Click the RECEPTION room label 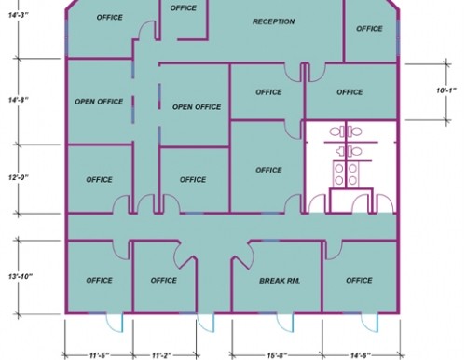point(273,21)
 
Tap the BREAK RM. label point(280,281)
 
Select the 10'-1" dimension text point(446,90)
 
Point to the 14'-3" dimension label point(19,15)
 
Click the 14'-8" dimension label point(19,100)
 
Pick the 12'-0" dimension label point(19,177)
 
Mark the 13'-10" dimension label point(21,276)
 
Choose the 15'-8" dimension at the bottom point(277,355)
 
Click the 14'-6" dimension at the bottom point(361,355)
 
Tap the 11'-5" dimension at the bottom point(100,355)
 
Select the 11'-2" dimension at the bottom point(162,355)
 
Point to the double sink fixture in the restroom point(346,174)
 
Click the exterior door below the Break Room point(285,323)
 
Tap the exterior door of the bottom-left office point(115,323)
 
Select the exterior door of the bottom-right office point(370,323)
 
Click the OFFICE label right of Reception point(369,29)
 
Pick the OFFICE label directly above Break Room point(268,170)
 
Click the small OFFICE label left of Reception point(184,7)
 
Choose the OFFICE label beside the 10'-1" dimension point(349,92)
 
